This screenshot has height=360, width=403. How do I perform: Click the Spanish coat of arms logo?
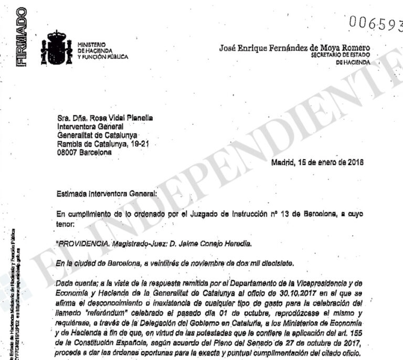pos(57,48)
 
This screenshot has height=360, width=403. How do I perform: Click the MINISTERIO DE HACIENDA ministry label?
pos(102,50)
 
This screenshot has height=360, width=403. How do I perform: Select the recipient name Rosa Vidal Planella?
pos(113,119)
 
